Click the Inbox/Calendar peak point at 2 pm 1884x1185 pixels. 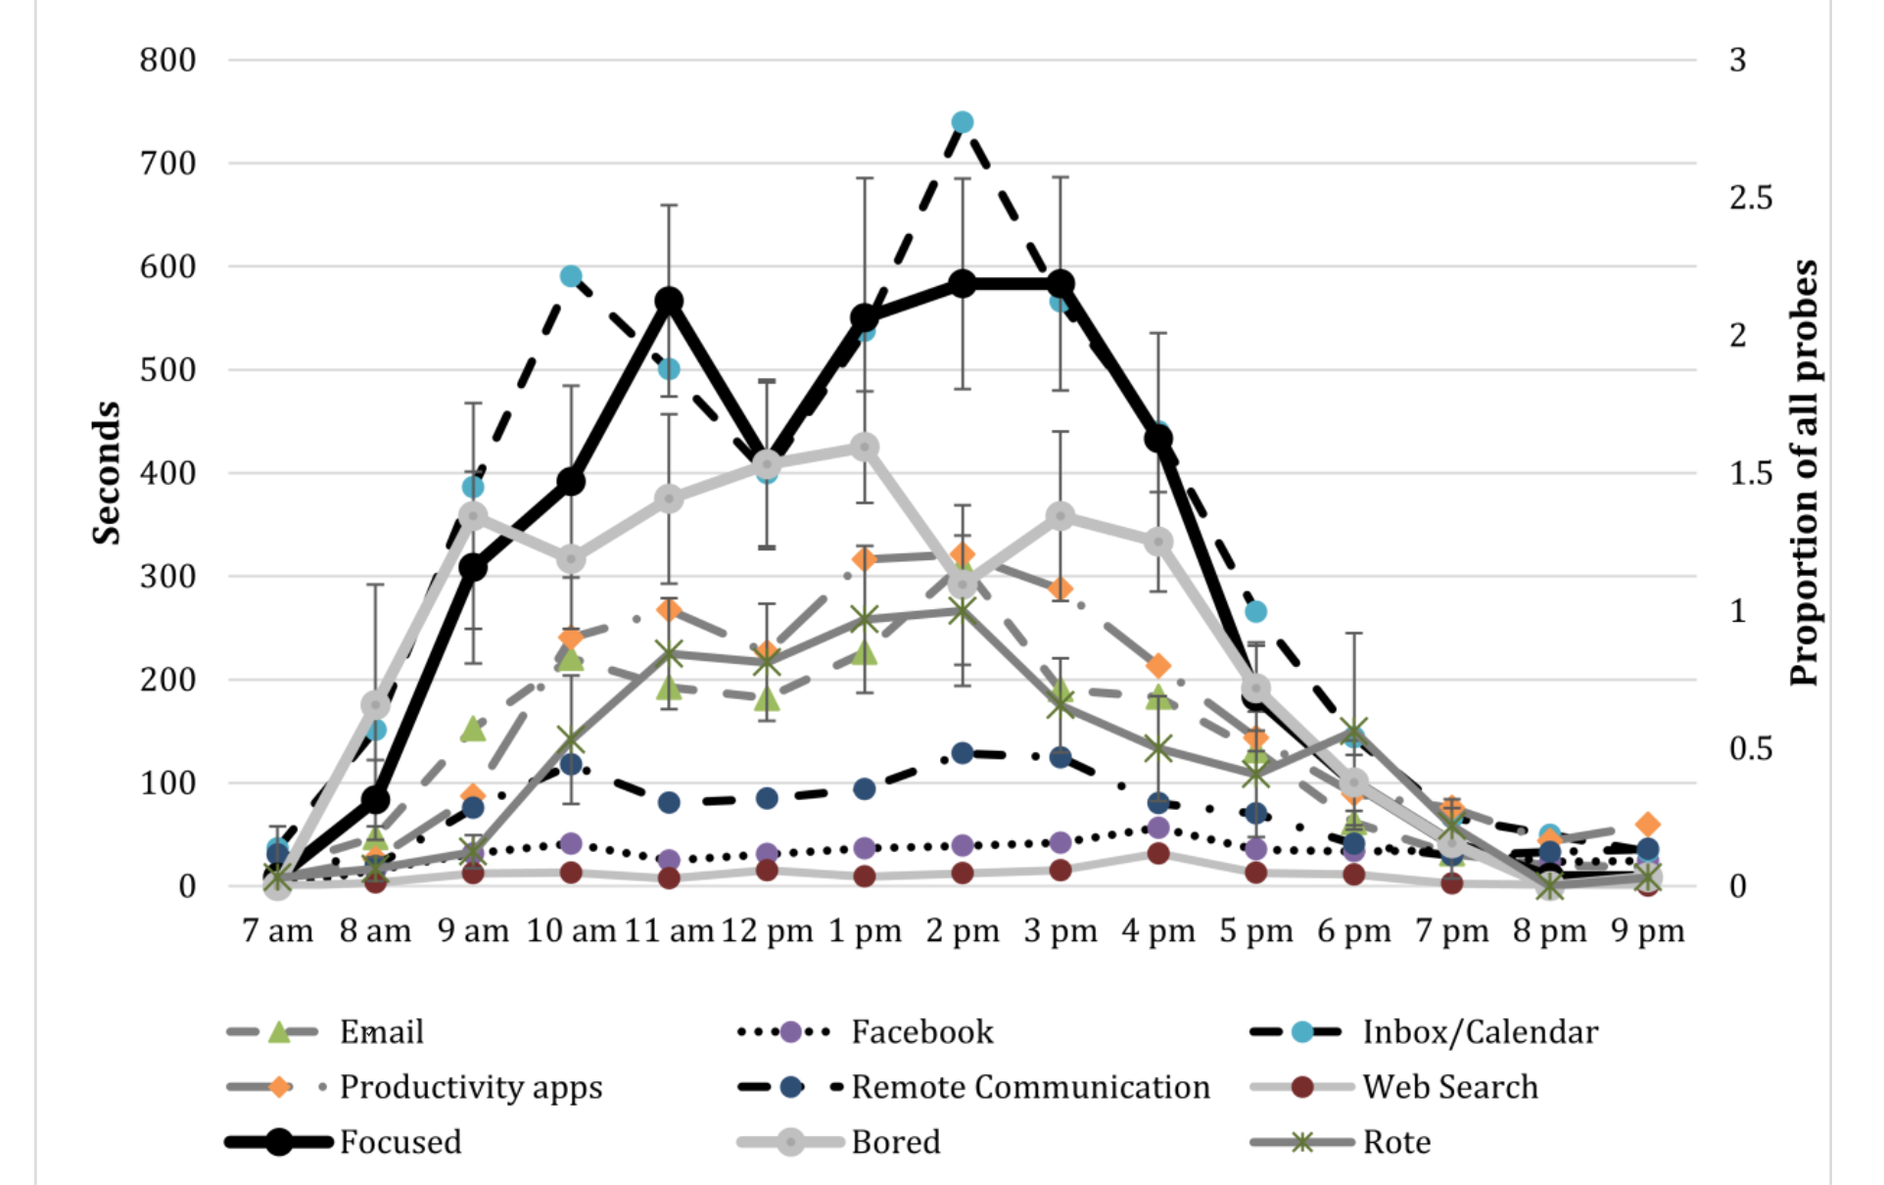963,122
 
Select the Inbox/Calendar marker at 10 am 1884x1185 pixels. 571,276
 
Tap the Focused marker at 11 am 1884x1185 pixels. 669,301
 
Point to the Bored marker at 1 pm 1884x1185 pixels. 864,448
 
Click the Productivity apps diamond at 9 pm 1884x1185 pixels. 1647,825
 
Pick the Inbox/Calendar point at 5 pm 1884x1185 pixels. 1255,612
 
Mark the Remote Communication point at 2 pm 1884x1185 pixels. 963,753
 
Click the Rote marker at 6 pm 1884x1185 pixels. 1354,733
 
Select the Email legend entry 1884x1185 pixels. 381,1032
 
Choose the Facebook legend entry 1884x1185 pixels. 921,1032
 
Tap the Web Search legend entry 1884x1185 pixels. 1449,1087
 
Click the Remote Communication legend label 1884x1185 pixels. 1030,1087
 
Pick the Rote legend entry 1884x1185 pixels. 1396,1142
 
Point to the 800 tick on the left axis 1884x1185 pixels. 167,61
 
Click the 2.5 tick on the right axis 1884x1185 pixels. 1751,198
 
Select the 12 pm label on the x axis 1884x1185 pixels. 767,931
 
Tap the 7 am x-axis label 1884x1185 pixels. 278,931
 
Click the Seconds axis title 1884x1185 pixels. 106,473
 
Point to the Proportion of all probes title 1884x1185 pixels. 1804,473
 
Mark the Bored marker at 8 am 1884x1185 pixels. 376,705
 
